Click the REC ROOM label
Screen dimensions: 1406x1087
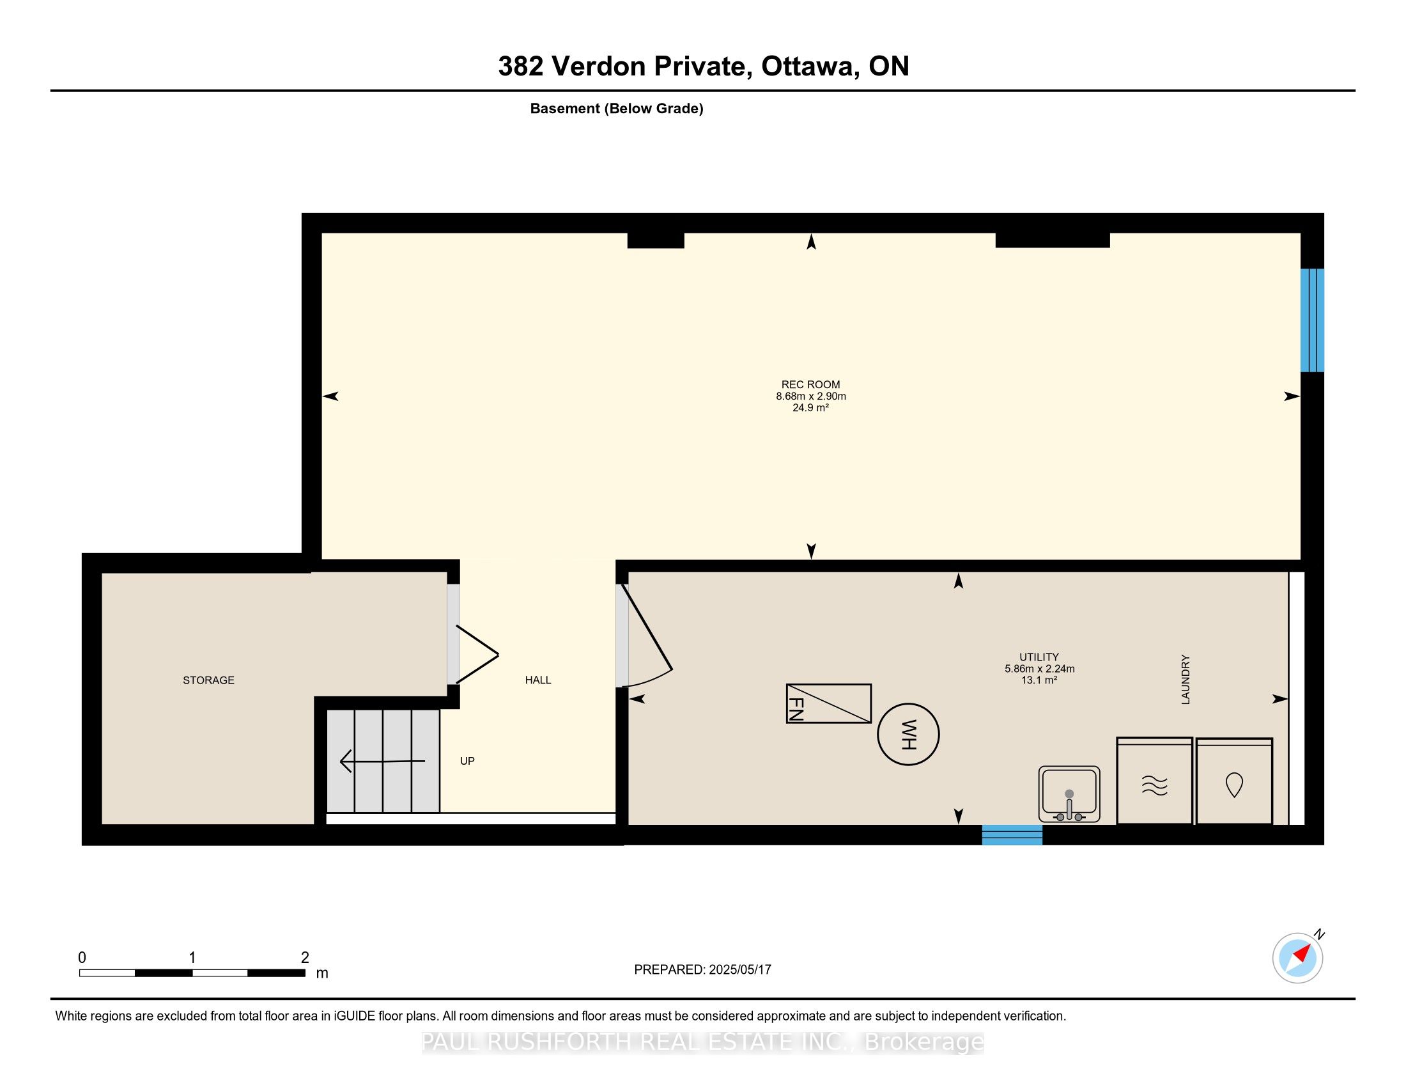pos(810,384)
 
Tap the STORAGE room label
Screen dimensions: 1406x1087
pos(208,680)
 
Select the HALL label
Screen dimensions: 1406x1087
pos(538,680)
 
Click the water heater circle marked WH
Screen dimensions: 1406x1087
pos(908,734)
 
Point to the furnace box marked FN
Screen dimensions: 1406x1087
pos(828,703)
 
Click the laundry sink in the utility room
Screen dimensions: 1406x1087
pos(1069,795)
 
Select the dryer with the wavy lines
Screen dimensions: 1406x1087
pos(1155,781)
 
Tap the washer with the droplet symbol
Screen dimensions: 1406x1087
pos(1234,781)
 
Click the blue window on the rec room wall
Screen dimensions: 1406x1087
pos(1312,320)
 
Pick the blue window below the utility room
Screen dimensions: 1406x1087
pos(1012,834)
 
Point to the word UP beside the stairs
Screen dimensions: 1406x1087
pos(467,761)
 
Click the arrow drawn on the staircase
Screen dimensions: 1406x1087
pos(382,761)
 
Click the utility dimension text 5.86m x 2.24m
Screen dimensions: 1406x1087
pos(1040,668)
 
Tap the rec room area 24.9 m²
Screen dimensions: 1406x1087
pos(810,408)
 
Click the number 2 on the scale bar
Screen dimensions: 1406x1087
pos(305,958)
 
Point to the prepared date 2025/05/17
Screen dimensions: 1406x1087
pos(739,970)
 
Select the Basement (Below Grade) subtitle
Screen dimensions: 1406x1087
pos(617,109)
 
